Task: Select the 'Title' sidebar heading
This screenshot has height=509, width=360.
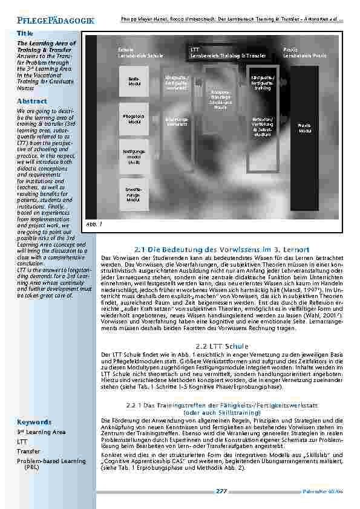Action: (x=25, y=34)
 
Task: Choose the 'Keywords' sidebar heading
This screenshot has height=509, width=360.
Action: (x=34, y=422)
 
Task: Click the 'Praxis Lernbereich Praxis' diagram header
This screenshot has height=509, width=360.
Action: (x=306, y=53)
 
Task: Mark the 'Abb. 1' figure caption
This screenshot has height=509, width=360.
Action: (x=91, y=223)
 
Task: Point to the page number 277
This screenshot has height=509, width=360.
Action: (x=221, y=491)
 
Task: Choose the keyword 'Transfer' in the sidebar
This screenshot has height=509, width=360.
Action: (x=28, y=451)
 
